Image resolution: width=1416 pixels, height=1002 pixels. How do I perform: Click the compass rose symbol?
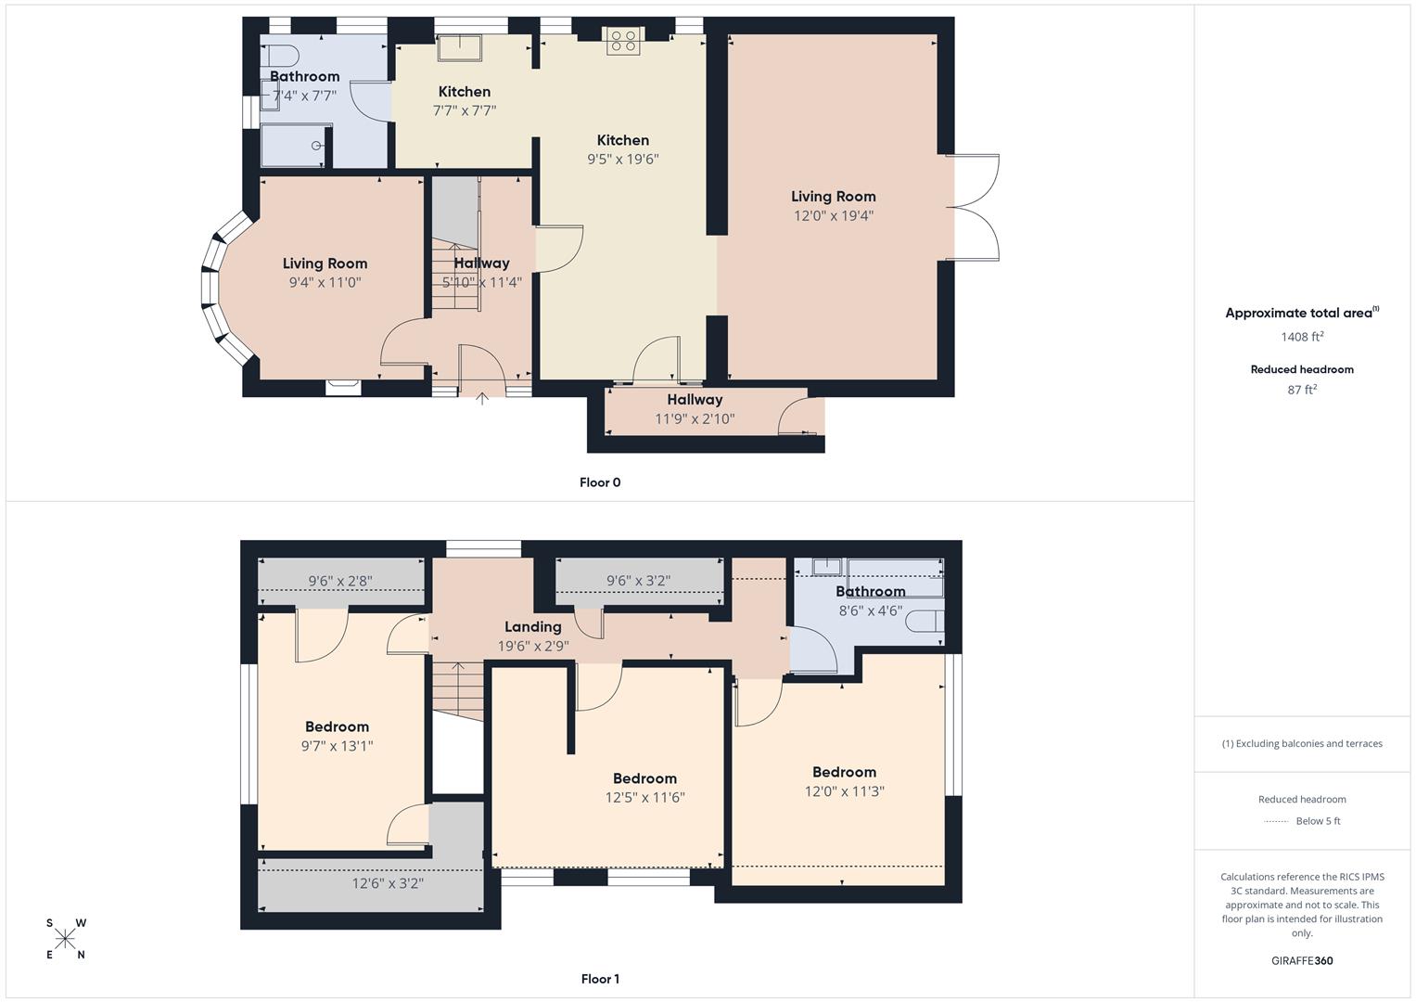click(x=66, y=938)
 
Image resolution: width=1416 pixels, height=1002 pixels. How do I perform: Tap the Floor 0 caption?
click(x=600, y=482)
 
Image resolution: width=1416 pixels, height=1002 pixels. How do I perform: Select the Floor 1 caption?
click(x=600, y=979)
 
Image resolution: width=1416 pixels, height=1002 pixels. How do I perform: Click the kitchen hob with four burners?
click(x=625, y=40)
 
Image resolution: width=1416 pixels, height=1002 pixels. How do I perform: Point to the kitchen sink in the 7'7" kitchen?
click(x=460, y=47)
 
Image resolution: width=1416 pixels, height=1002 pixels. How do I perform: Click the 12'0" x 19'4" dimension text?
click(x=833, y=216)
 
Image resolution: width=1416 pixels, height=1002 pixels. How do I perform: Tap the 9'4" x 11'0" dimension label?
click(x=325, y=282)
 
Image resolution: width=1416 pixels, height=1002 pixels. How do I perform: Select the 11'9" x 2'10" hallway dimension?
click(x=695, y=418)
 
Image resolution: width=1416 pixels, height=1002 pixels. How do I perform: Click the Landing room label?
click(x=532, y=627)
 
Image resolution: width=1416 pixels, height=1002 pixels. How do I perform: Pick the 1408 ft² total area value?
click(x=1302, y=337)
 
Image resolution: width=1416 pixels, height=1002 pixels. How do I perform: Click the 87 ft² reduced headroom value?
click(x=1302, y=390)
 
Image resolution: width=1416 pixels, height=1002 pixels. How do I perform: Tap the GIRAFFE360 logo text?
click(x=1302, y=960)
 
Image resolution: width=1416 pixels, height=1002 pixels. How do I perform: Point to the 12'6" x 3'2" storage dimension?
click(x=388, y=883)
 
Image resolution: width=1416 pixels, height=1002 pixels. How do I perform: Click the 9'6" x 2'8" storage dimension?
click(x=340, y=582)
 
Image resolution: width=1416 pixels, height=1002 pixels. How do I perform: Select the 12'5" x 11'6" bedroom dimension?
click(x=644, y=797)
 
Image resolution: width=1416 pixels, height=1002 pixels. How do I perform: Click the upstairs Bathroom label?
click(x=870, y=592)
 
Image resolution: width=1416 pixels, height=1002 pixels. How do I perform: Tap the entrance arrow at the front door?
click(x=482, y=398)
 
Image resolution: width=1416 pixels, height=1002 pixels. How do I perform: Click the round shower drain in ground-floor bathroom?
click(x=316, y=146)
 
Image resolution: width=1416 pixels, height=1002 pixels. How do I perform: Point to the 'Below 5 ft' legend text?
click(x=1318, y=821)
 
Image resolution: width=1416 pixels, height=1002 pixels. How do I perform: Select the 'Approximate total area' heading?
click(x=1298, y=314)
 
